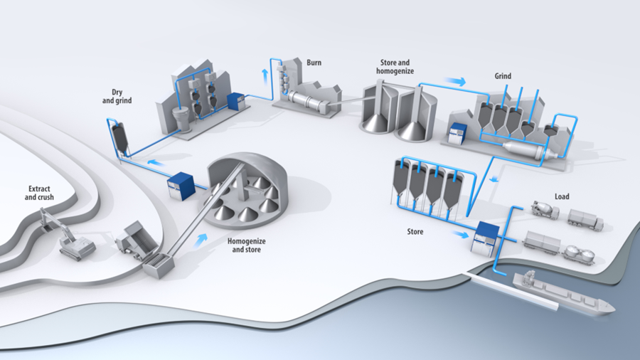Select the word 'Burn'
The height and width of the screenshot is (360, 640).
(314, 63)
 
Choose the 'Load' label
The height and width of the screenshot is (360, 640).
(562, 196)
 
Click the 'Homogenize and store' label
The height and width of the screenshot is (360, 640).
(246, 245)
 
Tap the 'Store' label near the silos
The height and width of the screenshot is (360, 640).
(415, 231)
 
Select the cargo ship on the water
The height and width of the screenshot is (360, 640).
(562, 294)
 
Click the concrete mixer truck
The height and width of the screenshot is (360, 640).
(544, 210)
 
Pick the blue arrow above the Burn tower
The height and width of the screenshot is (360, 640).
(266, 74)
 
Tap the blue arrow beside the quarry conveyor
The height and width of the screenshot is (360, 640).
(202, 240)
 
